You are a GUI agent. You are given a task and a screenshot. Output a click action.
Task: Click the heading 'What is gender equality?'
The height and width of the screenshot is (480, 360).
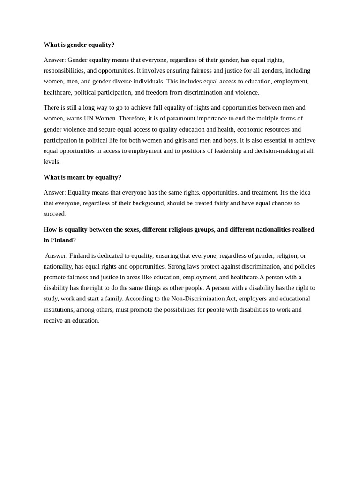tap(79, 45)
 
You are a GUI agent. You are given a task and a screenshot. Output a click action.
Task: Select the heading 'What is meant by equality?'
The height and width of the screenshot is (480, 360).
tap(82, 177)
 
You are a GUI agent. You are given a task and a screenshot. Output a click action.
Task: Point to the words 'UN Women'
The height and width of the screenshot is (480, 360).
tap(99, 119)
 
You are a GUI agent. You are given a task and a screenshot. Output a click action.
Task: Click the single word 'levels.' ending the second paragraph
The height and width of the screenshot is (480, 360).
tap(52, 162)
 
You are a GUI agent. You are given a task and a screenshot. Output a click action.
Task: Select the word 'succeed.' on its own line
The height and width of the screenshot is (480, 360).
tap(55, 214)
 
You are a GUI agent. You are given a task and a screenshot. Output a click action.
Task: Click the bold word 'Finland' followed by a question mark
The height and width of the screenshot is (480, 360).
tap(62, 240)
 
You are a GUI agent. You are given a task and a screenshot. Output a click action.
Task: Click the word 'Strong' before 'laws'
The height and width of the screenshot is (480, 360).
tap(177, 267)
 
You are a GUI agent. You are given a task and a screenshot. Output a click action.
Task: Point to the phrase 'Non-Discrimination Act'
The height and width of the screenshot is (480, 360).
tap(203, 299)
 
